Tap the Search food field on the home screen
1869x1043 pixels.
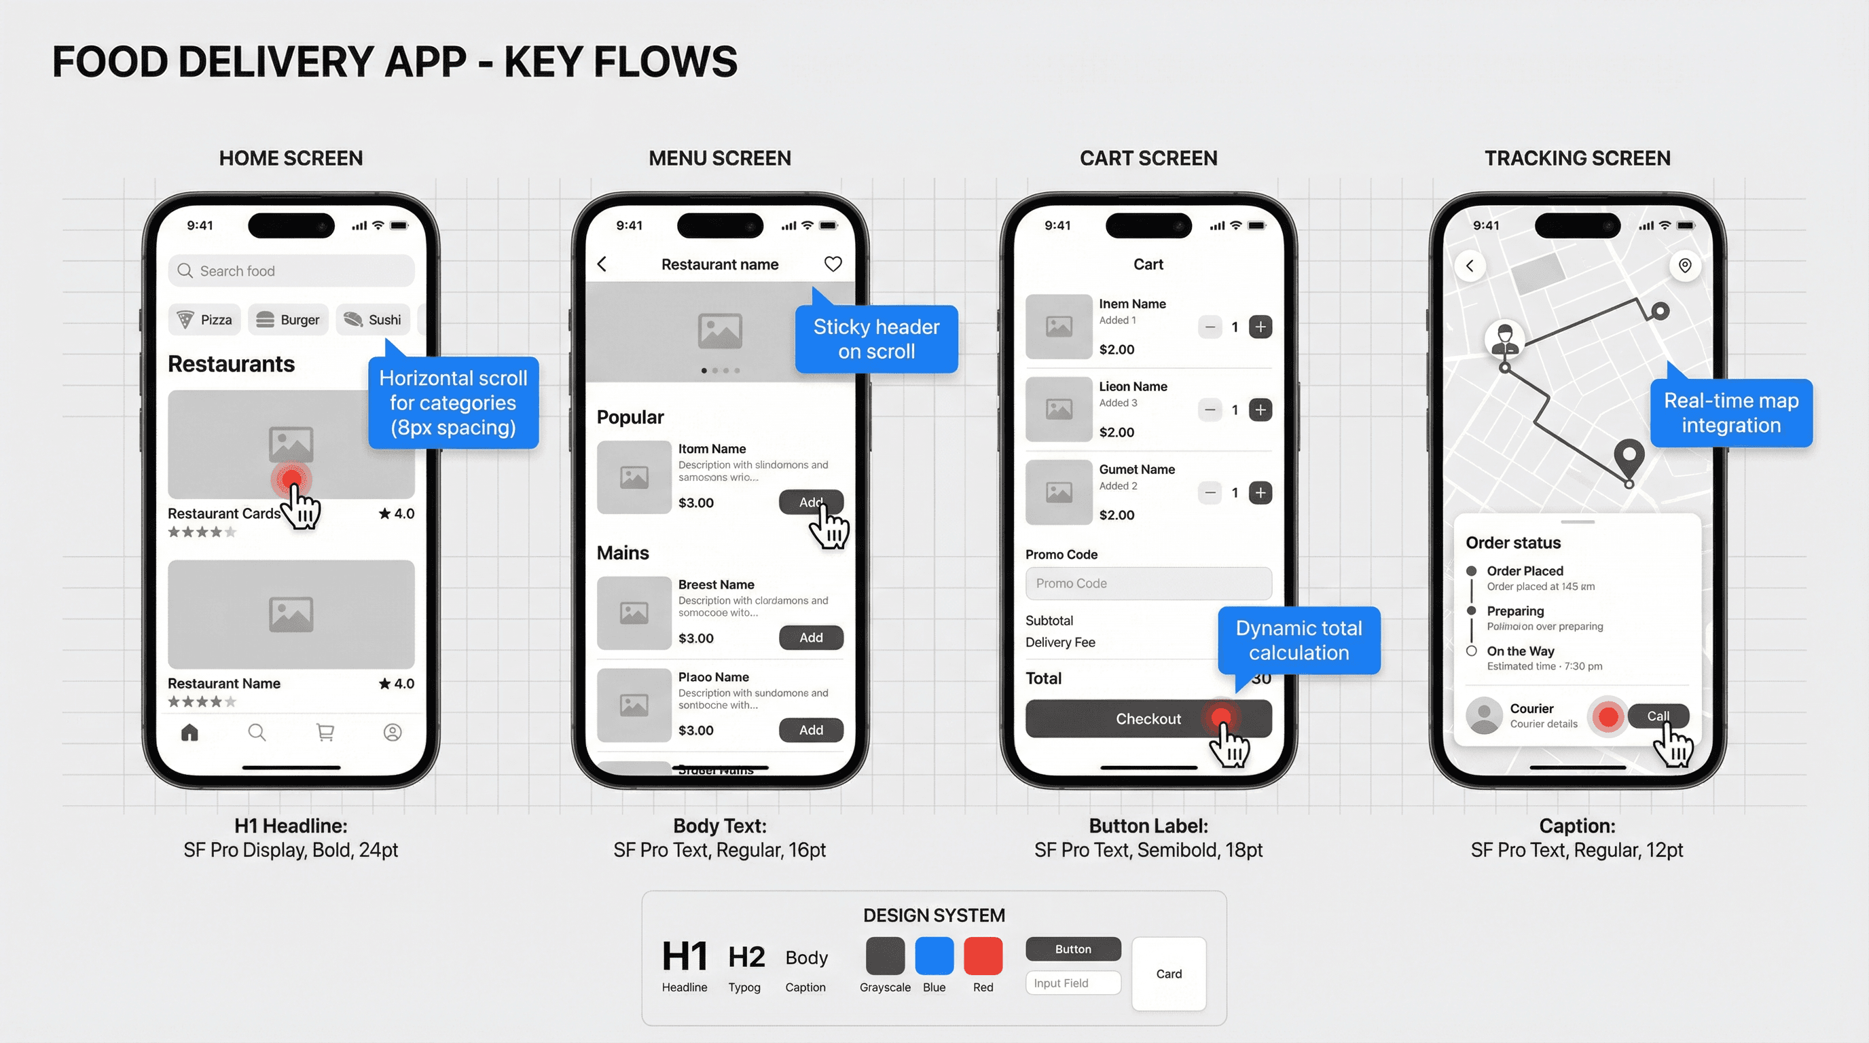(290, 270)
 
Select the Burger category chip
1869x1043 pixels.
(288, 320)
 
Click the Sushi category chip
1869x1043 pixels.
(373, 320)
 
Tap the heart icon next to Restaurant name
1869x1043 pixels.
(833, 264)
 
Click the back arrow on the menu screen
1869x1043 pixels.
(602, 264)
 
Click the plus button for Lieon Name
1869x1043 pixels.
(1260, 410)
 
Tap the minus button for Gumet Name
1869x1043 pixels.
(1210, 493)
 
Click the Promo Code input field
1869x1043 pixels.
(1148, 583)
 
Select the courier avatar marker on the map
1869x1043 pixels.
(1505, 339)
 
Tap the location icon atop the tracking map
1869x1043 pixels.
(1685, 266)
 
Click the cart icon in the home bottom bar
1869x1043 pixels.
(325, 733)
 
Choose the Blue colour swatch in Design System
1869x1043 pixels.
(934, 955)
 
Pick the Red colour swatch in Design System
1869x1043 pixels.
(983, 955)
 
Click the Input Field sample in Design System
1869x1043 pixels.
(1072, 983)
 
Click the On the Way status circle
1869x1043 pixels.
(1472, 651)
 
